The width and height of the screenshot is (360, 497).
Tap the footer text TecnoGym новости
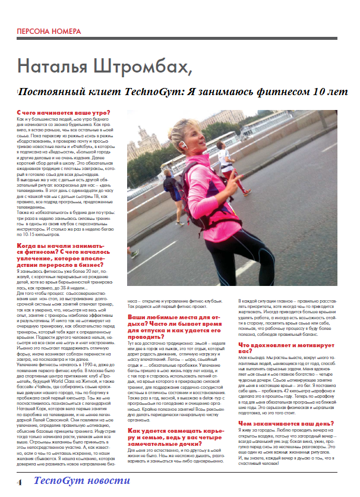82,481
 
